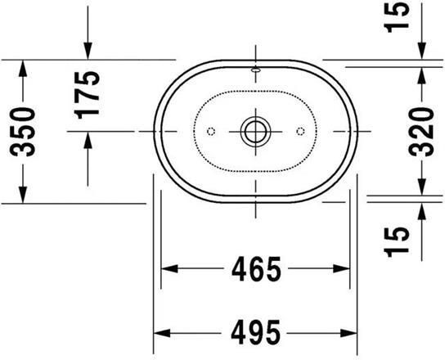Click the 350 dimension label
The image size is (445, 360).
click(25, 131)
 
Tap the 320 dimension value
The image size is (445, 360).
click(420, 131)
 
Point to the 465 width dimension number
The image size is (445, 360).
click(254, 268)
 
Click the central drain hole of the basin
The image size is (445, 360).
click(255, 131)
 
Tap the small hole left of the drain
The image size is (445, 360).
click(210, 131)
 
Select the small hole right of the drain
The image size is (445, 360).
click(300, 131)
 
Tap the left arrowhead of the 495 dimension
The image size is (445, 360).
click(162, 333)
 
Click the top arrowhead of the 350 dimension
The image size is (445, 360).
click(25, 66)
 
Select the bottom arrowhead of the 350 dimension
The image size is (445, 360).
click(25, 195)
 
